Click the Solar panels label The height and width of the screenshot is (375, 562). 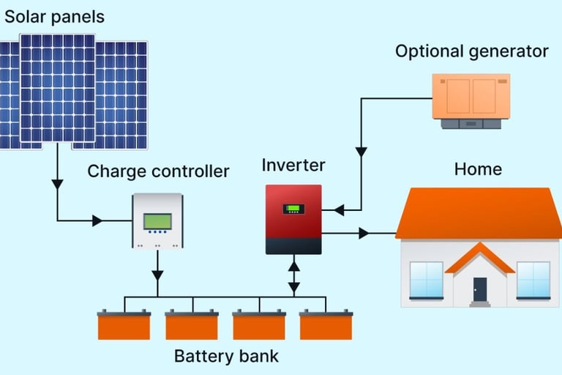pos(55,16)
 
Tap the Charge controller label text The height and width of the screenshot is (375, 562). pos(158,172)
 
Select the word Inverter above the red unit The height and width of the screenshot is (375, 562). pos(293,165)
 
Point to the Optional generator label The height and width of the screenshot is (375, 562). pos(471,51)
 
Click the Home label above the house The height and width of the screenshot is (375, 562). pos(478,169)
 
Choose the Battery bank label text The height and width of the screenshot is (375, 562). pos(226,357)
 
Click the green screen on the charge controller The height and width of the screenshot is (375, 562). pos(157,220)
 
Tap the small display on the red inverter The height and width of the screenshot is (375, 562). pos(293,209)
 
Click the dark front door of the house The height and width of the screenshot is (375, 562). pos(479,289)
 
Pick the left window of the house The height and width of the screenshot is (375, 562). pos(426,280)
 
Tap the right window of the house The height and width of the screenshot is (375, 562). pos(533,280)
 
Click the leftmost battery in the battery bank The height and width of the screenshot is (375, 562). pos(124,325)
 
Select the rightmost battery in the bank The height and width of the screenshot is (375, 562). pos(326,325)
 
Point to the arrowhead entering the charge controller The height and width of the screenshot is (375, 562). pos(97,220)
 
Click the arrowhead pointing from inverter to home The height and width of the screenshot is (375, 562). pos(363,234)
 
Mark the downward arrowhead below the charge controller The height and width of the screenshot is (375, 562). pos(157,275)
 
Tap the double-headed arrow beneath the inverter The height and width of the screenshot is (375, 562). pos(293,275)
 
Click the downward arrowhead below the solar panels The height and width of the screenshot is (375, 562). pos(57,185)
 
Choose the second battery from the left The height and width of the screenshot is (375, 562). pos(191,325)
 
